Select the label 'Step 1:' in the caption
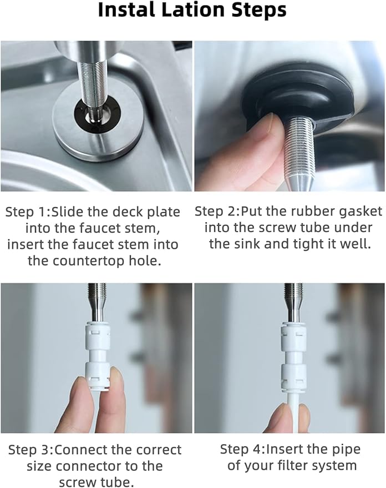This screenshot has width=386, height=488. [x=28, y=212]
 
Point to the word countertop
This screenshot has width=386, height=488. [x=84, y=260]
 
